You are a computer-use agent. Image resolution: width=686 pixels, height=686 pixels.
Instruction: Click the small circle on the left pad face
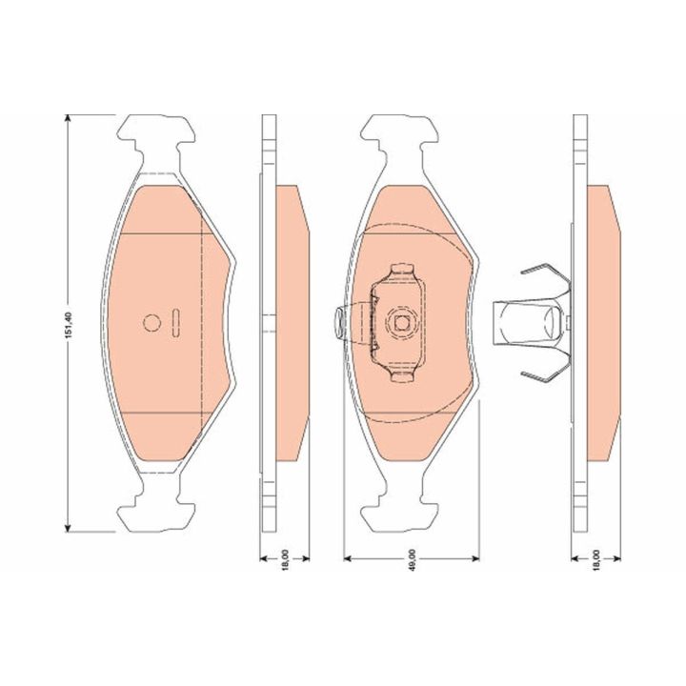point(151,323)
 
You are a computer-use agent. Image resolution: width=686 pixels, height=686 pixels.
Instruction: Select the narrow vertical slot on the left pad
point(175,323)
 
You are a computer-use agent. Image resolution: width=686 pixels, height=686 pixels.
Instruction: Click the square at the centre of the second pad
point(401,323)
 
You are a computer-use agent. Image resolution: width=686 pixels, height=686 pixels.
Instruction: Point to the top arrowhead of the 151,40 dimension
point(68,119)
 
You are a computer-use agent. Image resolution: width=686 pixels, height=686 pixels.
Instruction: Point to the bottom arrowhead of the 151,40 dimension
point(68,528)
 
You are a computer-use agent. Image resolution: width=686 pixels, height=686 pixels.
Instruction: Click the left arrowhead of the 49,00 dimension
point(349,558)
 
